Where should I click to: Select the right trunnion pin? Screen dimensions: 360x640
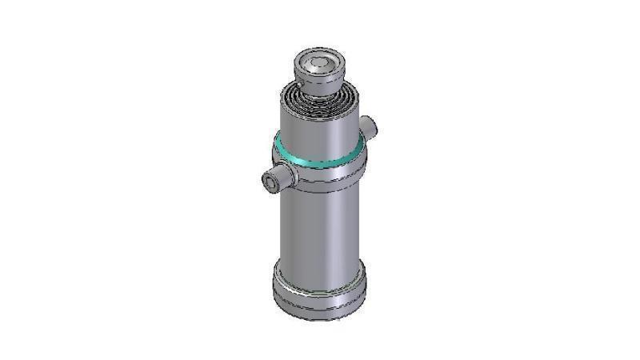pyautogui.click(x=368, y=126)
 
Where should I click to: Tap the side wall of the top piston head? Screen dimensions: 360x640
pyautogui.click(x=320, y=78)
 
